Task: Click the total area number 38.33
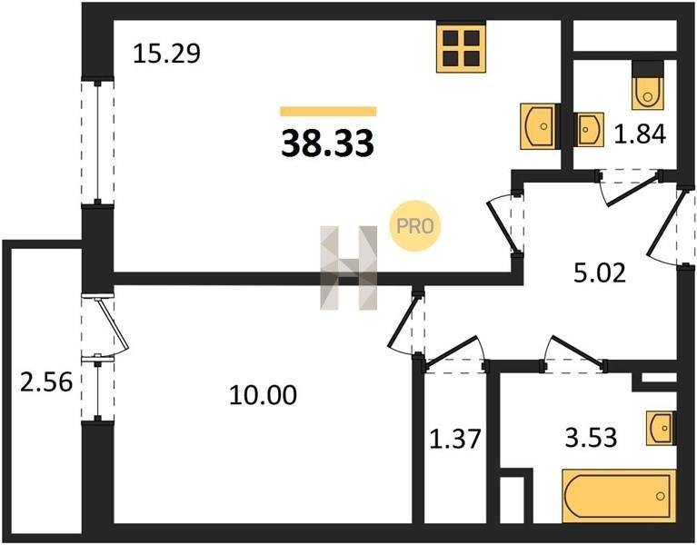[x=327, y=143]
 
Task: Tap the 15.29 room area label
[x=166, y=54]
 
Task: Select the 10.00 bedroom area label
[x=263, y=395]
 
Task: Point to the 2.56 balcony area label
[x=45, y=381]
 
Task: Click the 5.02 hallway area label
[x=600, y=272]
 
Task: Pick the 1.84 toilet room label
[x=640, y=134]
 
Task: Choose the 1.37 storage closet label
[x=455, y=439]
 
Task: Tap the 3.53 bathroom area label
[x=591, y=437]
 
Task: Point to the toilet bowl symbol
[x=648, y=92]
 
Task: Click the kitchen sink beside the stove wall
[x=538, y=126]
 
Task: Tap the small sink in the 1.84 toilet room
[x=590, y=129]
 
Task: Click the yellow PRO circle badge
[x=414, y=226]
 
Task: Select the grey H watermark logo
[x=349, y=268]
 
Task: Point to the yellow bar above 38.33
[x=328, y=112]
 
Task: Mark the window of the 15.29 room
[x=97, y=142]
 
